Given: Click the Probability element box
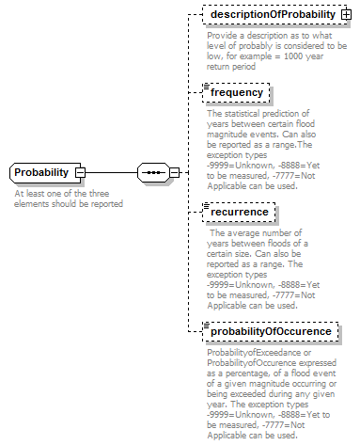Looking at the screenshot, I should (42, 173).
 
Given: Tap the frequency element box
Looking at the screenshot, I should (237, 93).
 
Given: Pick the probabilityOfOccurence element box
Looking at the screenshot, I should (270, 331).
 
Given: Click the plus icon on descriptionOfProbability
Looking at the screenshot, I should (345, 16).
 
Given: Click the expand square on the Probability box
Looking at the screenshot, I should (80, 173).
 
